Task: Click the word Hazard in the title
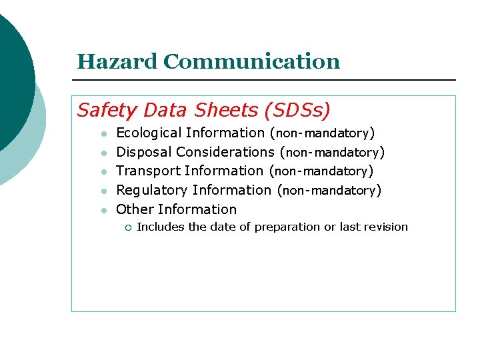[117, 62]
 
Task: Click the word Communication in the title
[251, 62]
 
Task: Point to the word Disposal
[143, 153]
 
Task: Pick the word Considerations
[225, 153]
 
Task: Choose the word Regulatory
[151, 191]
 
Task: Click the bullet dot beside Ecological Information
[103, 134]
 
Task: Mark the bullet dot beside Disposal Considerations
[103, 153]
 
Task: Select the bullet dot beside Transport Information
[103, 172]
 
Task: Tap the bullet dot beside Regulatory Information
[103, 191]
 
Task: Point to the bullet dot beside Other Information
[103, 210]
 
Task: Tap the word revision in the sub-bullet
[386, 227]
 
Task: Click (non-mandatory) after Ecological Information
[322, 134]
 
